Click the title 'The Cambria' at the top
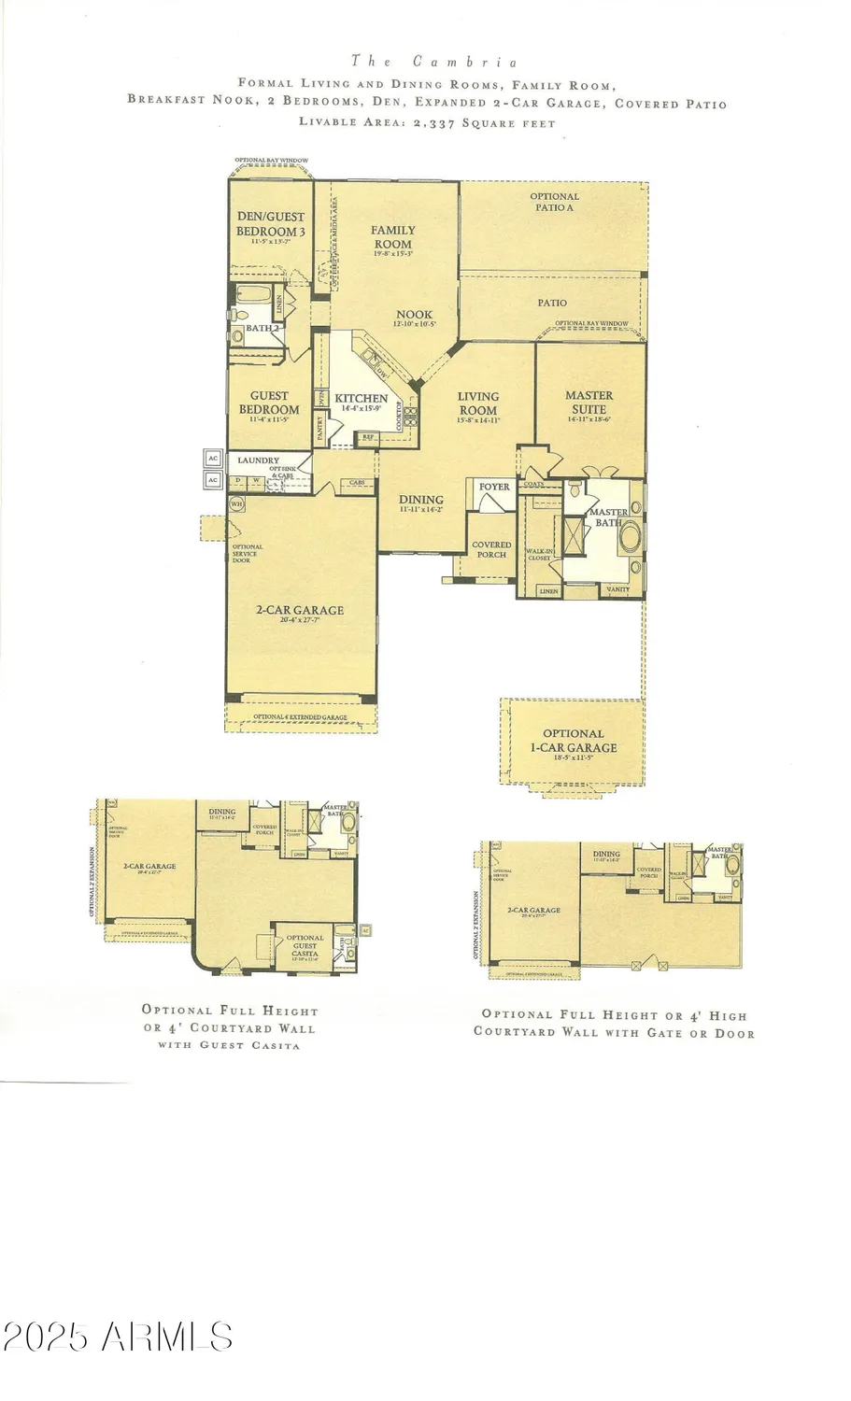(x=434, y=62)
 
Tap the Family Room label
(x=392, y=237)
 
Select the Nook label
(x=414, y=316)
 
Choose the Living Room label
(x=477, y=403)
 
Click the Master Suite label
(x=589, y=403)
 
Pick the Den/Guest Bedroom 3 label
(x=270, y=224)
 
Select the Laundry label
(x=258, y=460)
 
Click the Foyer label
(x=494, y=487)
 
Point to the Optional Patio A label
(x=554, y=202)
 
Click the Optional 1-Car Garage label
(x=573, y=741)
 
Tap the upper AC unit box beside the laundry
(x=213, y=460)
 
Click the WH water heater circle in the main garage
(x=236, y=503)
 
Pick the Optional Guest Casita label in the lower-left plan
(x=305, y=945)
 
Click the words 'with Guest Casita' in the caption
(x=229, y=1045)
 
